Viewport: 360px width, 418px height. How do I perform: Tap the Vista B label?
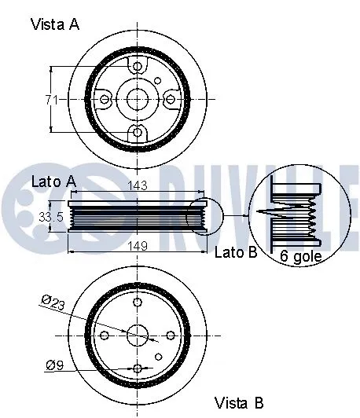(x=240, y=403)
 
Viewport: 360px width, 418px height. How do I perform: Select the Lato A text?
(x=53, y=181)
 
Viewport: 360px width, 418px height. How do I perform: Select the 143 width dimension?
(x=139, y=187)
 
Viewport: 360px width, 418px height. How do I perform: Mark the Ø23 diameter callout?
(x=56, y=301)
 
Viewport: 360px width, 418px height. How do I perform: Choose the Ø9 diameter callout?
(x=55, y=364)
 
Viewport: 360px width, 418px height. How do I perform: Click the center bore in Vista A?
(x=137, y=99)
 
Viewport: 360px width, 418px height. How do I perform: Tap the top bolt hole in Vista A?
(x=137, y=67)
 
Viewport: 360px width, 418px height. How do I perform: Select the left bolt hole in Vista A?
(x=105, y=99)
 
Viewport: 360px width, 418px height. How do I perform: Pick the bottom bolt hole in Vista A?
(x=137, y=131)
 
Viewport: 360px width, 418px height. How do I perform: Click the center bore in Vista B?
(x=138, y=335)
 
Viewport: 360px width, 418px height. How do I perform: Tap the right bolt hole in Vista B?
(x=171, y=335)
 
